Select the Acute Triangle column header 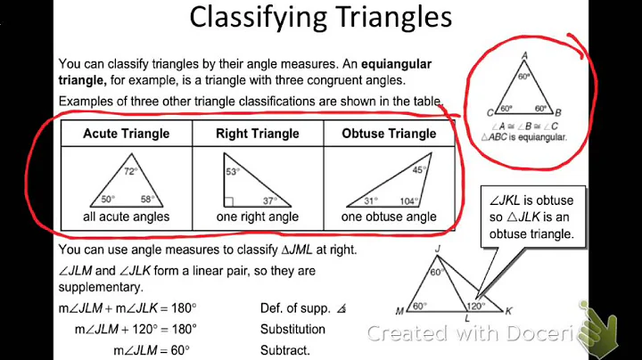(126, 134)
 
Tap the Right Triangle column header (258, 134)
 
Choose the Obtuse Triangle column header (389, 134)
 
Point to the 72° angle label (131, 169)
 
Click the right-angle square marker (230, 201)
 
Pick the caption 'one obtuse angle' (389, 216)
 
